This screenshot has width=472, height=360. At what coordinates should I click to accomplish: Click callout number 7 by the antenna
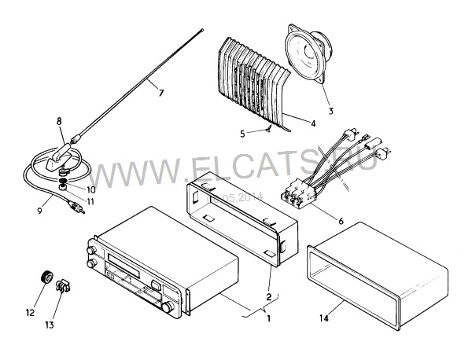coord(160,93)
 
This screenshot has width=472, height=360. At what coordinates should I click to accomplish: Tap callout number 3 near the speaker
coord(330,111)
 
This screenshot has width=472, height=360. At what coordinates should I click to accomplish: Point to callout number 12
coord(31,312)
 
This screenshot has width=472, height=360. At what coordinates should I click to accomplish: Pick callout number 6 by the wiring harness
coord(340,222)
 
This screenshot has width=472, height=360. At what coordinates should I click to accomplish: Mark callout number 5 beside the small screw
coord(242,133)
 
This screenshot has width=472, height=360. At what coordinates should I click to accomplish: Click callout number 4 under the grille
coord(313,123)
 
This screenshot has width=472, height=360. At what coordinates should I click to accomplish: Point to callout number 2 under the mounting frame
coord(270,296)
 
